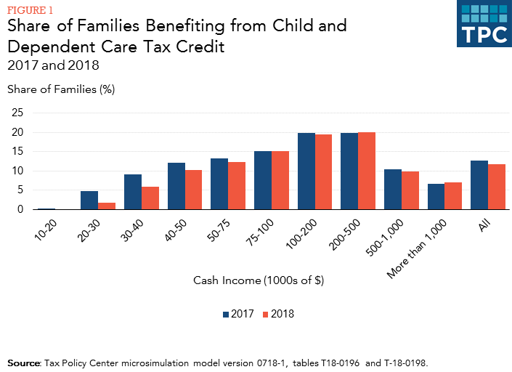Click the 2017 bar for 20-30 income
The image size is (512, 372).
(x=89, y=201)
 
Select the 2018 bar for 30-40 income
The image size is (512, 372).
(x=150, y=198)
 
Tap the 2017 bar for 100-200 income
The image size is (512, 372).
(x=306, y=171)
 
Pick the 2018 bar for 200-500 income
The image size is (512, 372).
(x=367, y=171)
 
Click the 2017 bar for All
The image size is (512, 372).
(x=479, y=185)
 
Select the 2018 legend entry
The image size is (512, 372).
(x=279, y=315)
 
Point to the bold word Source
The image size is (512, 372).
(x=24, y=361)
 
